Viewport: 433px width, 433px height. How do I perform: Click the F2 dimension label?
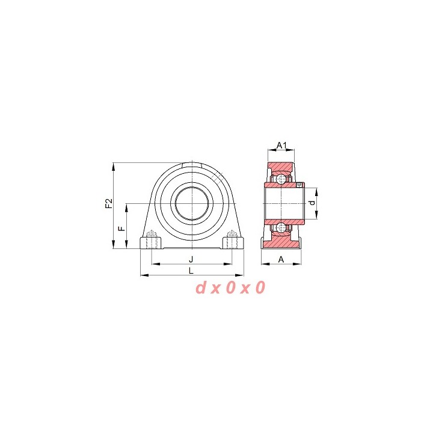[109, 203]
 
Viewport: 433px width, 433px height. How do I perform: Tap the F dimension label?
[121, 229]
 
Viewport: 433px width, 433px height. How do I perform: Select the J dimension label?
[191, 259]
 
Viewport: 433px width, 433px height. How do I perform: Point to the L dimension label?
[191, 271]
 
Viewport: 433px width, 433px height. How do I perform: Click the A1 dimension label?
[282, 145]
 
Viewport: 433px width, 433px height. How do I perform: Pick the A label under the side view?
[281, 259]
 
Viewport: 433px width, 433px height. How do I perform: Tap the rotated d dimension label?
[312, 203]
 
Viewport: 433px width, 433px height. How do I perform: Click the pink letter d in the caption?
[201, 287]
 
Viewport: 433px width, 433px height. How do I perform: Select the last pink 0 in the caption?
[260, 287]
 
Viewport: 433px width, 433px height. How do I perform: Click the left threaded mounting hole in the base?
[152, 240]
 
